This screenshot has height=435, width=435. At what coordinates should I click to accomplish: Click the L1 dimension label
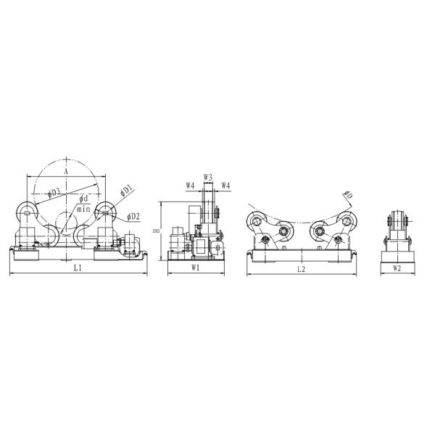[x=78, y=268]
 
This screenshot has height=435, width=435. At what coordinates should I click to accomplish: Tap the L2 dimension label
[x=301, y=269]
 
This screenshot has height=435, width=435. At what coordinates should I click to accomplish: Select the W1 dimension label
[x=195, y=268]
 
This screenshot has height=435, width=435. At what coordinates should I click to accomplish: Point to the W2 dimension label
[x=397, y=268]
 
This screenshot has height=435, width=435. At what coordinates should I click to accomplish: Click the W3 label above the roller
[x=208, y=176]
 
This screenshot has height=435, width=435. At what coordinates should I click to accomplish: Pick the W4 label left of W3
[x=190, y=186]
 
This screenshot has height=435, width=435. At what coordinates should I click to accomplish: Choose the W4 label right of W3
[x=225, y=186]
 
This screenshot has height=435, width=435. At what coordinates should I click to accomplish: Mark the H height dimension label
[x=157, y=230]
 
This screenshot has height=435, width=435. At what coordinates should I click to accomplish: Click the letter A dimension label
[x=66, y=172]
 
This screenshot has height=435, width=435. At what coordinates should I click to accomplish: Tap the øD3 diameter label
[x=54, y=192]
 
